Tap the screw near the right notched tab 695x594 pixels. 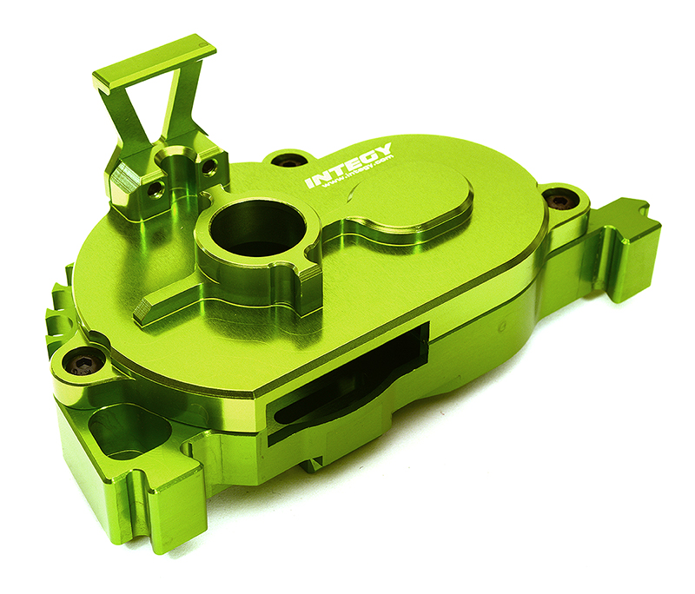[x=559, y=200]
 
